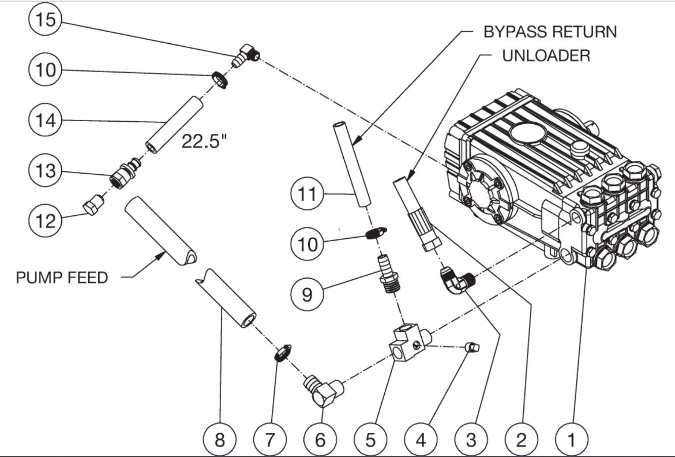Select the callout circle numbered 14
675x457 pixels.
[44, 120]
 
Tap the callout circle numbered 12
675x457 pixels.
[44, 220]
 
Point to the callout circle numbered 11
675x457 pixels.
[307, 194]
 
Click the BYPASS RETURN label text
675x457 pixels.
[549, 31]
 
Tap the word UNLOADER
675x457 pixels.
[546, 55]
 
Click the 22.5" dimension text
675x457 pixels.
[204, 141]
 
